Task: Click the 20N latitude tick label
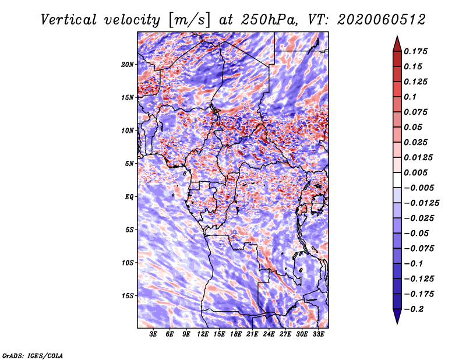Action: (128, 65)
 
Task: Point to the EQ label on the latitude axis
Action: (129, 197)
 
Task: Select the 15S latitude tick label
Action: (128, 296)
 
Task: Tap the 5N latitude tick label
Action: (129, 164)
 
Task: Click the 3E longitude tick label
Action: (153, 334)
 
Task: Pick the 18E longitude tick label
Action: (236, 334)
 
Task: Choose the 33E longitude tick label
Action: (318, 334)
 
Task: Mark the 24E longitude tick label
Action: (269, 334)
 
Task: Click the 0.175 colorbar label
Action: (415, 51)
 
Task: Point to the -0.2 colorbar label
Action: (414, 309)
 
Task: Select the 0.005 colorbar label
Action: (415, 172)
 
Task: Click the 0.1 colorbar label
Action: (410, 97)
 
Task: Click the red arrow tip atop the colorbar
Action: (397, 37)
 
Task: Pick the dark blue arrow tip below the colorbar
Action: (397, 323)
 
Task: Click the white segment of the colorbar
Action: (397, 180)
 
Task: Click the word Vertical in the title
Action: (69, 20)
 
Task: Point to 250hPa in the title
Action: (269, 20)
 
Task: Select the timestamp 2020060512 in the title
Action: (382, 20)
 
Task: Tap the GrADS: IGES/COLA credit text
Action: (33, 356)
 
